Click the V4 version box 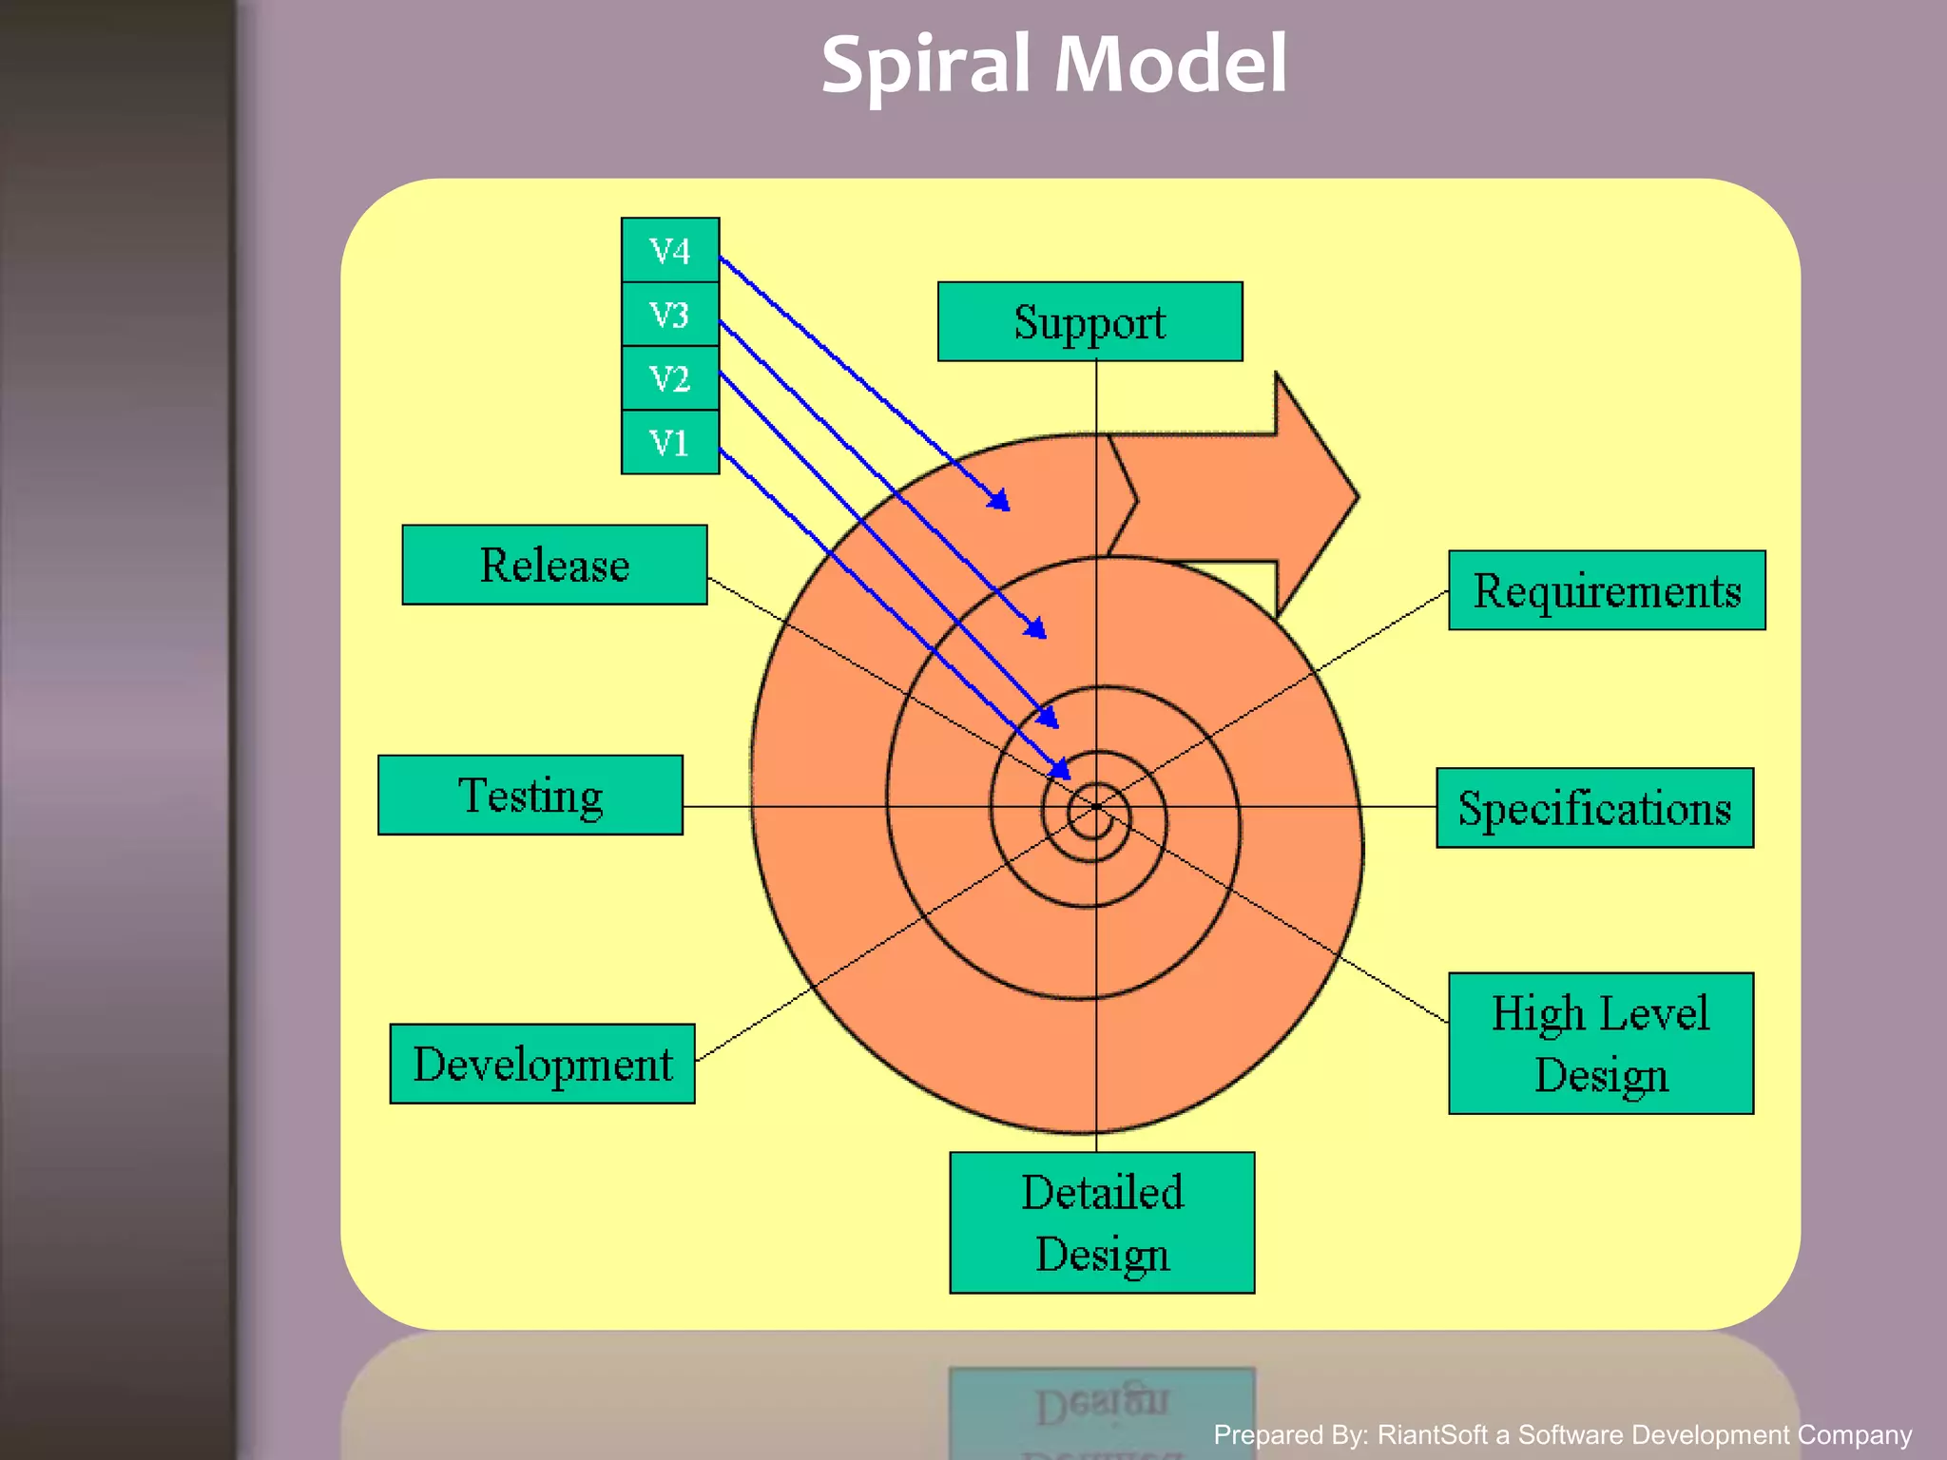pyautogui.click(x=669, y=250)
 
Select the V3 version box pyautogui.click(x=669, y=315)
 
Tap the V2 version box pyautogui.click(x=669, y=378)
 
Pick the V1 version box pyautogui.click(x=669, y=443)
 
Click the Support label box pyautogui.click(x=1089, y=321)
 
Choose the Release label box pyautogui.click(x=554, y=565)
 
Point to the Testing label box pyautogui.click(x=530, y=796)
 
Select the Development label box pyautogui.click(x=542, y=1064)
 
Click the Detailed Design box pyautogui.click(x=1102, y=1222)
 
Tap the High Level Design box pyautogui.click(x=1600, y=1043)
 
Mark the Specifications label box pyautogui.click(x=1594, y=808)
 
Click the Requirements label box pyautogui.click(x=1607, y=590)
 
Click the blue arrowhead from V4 pyautogui.click(x=999, y=501)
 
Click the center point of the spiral pyautogui.click(x=1096, y=807)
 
